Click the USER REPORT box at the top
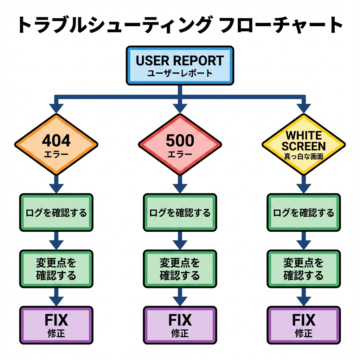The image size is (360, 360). (180, 65)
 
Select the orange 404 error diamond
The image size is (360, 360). (56, 144)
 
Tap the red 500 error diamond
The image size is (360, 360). (180, 144)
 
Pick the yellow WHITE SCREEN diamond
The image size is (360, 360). (303, 144)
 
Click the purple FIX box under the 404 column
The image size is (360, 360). (56, 324)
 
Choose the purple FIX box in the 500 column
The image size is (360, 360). (180, 324)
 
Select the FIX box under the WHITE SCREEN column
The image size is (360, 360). (303, 324)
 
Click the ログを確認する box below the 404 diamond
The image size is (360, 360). (56, 212)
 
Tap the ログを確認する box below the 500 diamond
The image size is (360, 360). (180, 212)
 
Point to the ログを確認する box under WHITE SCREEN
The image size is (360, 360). (303, 212)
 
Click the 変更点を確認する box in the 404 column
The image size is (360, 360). (56, 269)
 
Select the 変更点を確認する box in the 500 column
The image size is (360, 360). (180, 269)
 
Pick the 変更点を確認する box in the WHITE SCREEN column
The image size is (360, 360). (303, 269)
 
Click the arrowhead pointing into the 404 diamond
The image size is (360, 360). (56, 108)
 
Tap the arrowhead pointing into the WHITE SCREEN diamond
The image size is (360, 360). (303, 108)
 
